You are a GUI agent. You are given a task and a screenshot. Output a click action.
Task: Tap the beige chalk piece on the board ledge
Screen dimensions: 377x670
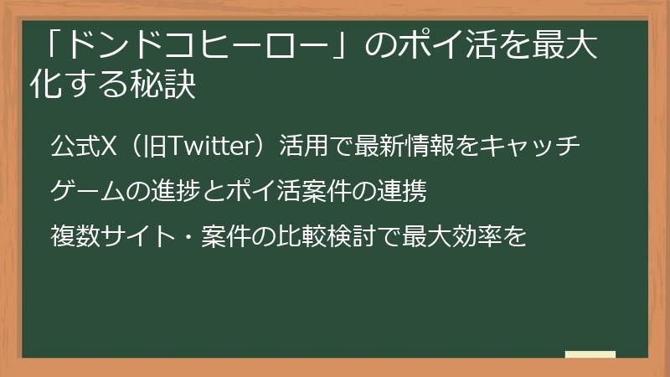tap(590, 354)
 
